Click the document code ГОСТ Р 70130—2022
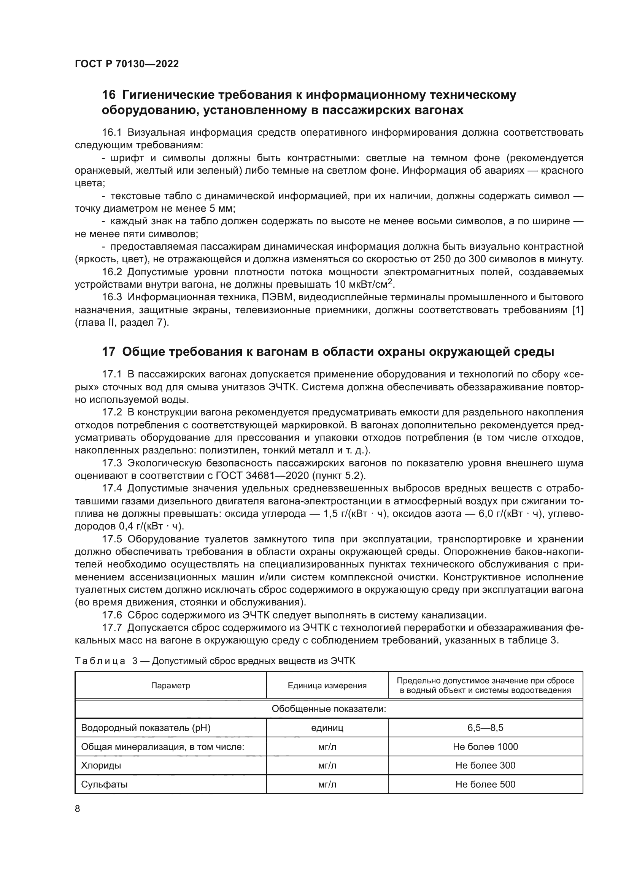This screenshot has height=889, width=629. tap(127, 64)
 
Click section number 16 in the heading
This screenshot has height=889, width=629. tap(108, 95)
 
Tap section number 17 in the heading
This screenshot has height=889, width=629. tap(108, 352)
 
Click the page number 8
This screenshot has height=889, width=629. tap(78, 808)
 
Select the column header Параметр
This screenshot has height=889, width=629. tap(170, 686)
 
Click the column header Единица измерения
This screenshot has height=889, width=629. tap(327, 686)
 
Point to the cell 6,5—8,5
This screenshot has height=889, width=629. tap(485, 728)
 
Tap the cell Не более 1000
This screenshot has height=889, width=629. tap(485, 746)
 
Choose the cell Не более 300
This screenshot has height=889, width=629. tap(485, 765)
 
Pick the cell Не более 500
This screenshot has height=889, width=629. tap(485, 784)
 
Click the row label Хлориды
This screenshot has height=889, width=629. tap(101, 765)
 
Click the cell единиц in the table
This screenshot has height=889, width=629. tap(327, 728)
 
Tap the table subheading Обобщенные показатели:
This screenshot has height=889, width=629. tap(329, 709)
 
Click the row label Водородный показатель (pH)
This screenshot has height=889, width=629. tap(145, 728)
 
